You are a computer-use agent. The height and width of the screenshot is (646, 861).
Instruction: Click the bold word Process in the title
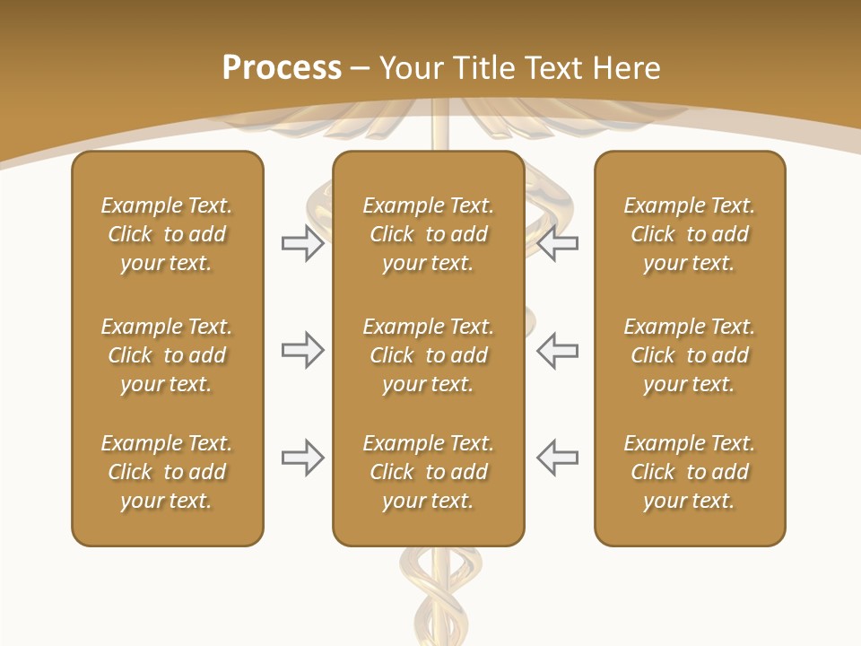[x=282, y=68]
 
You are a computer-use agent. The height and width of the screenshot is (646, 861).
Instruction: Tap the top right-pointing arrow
[x=302, y=243]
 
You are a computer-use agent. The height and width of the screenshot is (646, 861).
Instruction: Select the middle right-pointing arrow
[x=302, y=350]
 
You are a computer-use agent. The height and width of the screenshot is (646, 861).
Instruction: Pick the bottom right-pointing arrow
[x=302, y=458]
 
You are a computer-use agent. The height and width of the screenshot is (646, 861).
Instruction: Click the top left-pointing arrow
[x=557, y=243]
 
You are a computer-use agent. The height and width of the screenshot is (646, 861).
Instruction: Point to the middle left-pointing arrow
[x=557, y=350]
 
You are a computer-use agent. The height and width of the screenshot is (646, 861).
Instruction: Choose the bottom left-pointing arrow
[x=557, y=458]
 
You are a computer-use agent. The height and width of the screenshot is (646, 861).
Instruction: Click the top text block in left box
[x=167, y=234]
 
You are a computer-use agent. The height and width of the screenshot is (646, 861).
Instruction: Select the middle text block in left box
[x=167, y=355]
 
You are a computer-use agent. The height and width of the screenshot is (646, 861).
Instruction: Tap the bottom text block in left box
[x=167, y=472]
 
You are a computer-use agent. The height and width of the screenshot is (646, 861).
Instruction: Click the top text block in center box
[x=428, y=234]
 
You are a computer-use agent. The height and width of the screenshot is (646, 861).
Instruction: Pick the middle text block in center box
[x=428, y=355]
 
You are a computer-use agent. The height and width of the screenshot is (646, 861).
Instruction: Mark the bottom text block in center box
[x=428, y=472]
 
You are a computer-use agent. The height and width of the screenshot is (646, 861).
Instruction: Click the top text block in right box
[x=689, y=234]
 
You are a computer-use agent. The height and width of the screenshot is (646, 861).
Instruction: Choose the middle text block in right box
[x=689, y=355]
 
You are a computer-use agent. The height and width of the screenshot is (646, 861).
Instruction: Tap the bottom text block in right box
[x=689, y=472]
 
